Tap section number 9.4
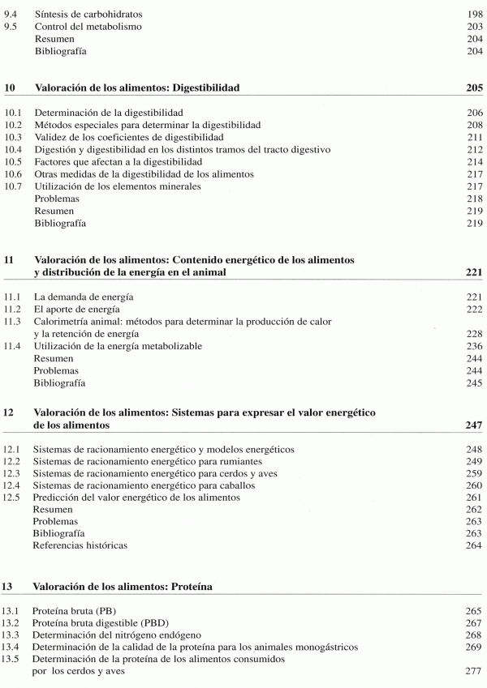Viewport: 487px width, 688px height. (11, 14)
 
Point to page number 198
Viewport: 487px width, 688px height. (474, 14)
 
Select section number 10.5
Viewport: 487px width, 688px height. (13, 162)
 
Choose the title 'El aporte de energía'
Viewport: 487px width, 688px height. (78, 310)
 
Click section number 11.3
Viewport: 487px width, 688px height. (13, 322)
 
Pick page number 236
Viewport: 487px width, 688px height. (474, 346)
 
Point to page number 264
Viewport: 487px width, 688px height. (474, 545)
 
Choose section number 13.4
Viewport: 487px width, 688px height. (13, 647)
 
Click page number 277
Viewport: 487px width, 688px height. (474, 671)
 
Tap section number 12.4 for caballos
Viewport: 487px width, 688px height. (13, 485)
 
